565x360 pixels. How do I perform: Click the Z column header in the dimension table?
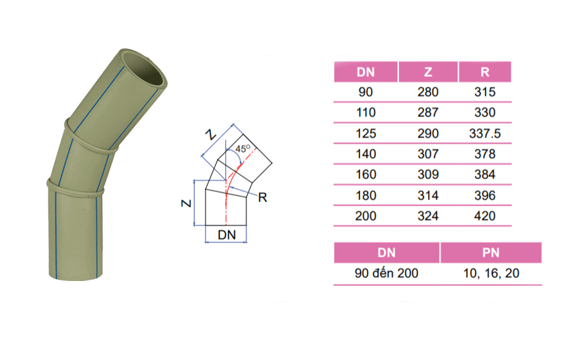(x=428, y=72)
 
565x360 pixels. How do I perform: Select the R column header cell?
(x=485, y=72)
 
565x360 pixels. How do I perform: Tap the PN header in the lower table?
(x=491, y=252)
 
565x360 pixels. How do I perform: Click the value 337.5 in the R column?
(x=485, y=133)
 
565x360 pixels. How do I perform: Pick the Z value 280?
(x=428, y=93)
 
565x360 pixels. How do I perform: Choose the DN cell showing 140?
(x=366, y=154)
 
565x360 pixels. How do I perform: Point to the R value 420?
(x=485, y=216)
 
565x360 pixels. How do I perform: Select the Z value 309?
(x=428, y=175)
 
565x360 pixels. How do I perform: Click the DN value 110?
(x=366, y=113)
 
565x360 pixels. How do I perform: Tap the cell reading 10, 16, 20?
(x=491, y=274)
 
